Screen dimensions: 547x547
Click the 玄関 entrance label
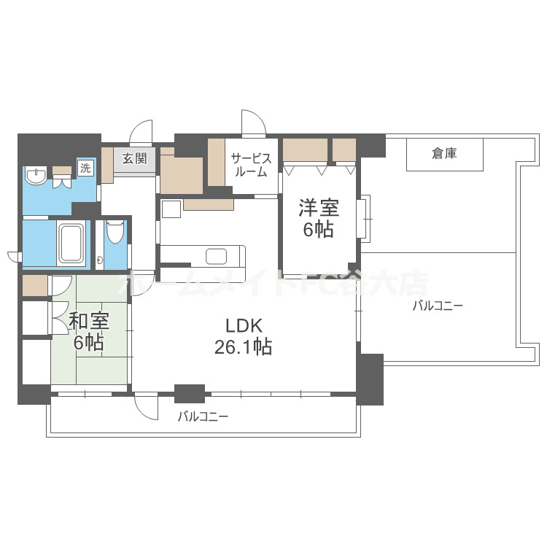pos(135,158)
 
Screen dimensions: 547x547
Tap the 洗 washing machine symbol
pos(86,167)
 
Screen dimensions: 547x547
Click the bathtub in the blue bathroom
pos(71,244)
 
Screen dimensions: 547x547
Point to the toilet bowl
pos(115,232)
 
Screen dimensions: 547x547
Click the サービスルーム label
pos(252,165)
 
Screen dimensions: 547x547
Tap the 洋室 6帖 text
pos(318,218)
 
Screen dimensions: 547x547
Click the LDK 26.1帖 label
pos(243,335)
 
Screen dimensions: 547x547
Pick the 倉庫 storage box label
pos(444,153)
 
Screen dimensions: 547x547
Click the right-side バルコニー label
pos(438,306)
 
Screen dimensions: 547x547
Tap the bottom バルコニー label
pos(203,417)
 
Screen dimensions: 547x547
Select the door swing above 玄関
pos(141,131)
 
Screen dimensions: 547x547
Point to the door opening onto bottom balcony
pos(147,406)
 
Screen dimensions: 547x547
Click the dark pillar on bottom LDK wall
pos(190,393)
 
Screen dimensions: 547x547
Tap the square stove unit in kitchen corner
pos(171,209)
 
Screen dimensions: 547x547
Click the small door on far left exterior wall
pos(14,255)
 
